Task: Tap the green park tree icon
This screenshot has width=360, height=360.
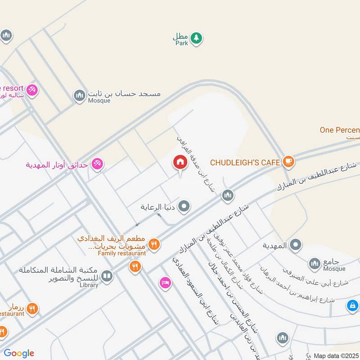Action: tap(196, 38)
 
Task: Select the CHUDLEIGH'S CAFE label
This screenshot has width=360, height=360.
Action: tap(245, 162)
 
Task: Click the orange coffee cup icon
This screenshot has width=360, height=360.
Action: tap(288, 162)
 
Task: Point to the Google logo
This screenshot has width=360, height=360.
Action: tap(19, 353)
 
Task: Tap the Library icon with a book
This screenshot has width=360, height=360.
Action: tap(107, 275)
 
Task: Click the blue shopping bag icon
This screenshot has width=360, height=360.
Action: tap(352, 306)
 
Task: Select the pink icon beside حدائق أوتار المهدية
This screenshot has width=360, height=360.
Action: tap(96, 164)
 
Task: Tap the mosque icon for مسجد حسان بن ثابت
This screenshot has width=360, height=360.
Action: tap(80, 95)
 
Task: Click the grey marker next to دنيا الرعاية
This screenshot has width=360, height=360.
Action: tap(184, 207)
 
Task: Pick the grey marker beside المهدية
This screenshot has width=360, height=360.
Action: tap(295, 245)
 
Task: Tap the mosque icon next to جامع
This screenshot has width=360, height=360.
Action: tap(315, 263)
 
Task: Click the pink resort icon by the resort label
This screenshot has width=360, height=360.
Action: tap(31, 90)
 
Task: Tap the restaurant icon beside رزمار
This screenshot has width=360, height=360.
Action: tap(31, 309)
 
